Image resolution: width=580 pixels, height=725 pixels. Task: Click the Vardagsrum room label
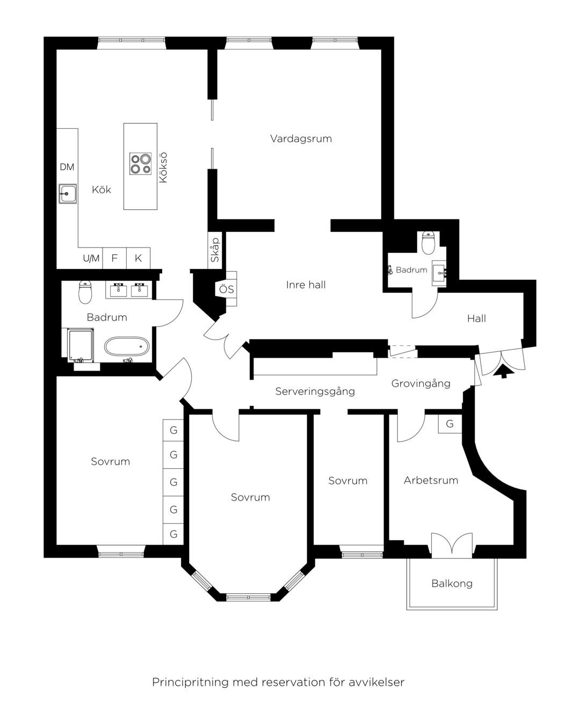click(301, 139)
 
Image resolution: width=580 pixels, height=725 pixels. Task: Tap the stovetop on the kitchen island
click(140, 164)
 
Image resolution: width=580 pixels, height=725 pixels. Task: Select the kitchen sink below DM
click(68, 194)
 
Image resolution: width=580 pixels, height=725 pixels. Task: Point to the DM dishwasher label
click(67, 167)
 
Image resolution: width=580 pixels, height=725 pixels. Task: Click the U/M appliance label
click(91, 258)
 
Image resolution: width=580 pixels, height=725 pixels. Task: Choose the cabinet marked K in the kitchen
click(138, 258)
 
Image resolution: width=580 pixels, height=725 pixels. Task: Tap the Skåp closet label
click(215, 250)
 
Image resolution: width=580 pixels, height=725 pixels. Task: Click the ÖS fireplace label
click(226, 289)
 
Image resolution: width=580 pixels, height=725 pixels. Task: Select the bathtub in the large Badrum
click(127, 346)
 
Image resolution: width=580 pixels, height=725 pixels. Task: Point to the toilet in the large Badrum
click(85, 292)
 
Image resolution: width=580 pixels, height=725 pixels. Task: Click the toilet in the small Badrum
click(429, 243)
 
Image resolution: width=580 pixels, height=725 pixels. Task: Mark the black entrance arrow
click(504, 371)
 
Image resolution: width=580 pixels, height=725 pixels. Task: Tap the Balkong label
click(452, 583)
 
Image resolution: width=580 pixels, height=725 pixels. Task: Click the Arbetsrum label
click(431, 480)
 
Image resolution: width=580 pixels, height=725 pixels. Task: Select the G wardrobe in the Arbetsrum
click(450, 424)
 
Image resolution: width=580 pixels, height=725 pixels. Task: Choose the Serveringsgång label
click(315, 392)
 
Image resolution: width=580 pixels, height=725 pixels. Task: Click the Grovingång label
click(421, 383)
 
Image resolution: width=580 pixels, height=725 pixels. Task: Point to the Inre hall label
click(306, 285)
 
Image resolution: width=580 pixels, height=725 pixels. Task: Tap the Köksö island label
click(163, 168)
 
